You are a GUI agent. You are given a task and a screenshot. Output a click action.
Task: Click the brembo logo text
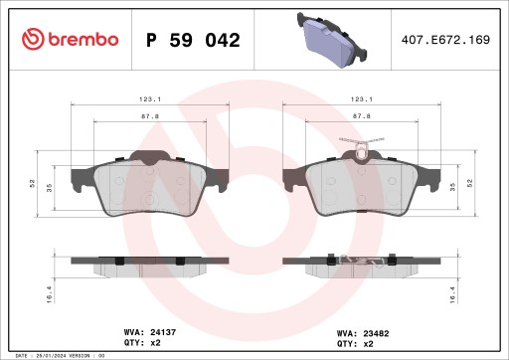point(70,39)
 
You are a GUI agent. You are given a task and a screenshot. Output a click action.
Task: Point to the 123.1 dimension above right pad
point(362,98)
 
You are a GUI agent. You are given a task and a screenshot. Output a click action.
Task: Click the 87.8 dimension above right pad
point(362,115)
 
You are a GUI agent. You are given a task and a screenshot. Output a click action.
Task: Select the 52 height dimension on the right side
point(468,184)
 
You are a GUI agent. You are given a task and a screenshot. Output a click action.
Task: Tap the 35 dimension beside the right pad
point(453,185)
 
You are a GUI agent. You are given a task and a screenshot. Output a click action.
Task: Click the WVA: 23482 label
point(361,333)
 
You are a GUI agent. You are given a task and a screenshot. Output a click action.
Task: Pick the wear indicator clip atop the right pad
point(361,152)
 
